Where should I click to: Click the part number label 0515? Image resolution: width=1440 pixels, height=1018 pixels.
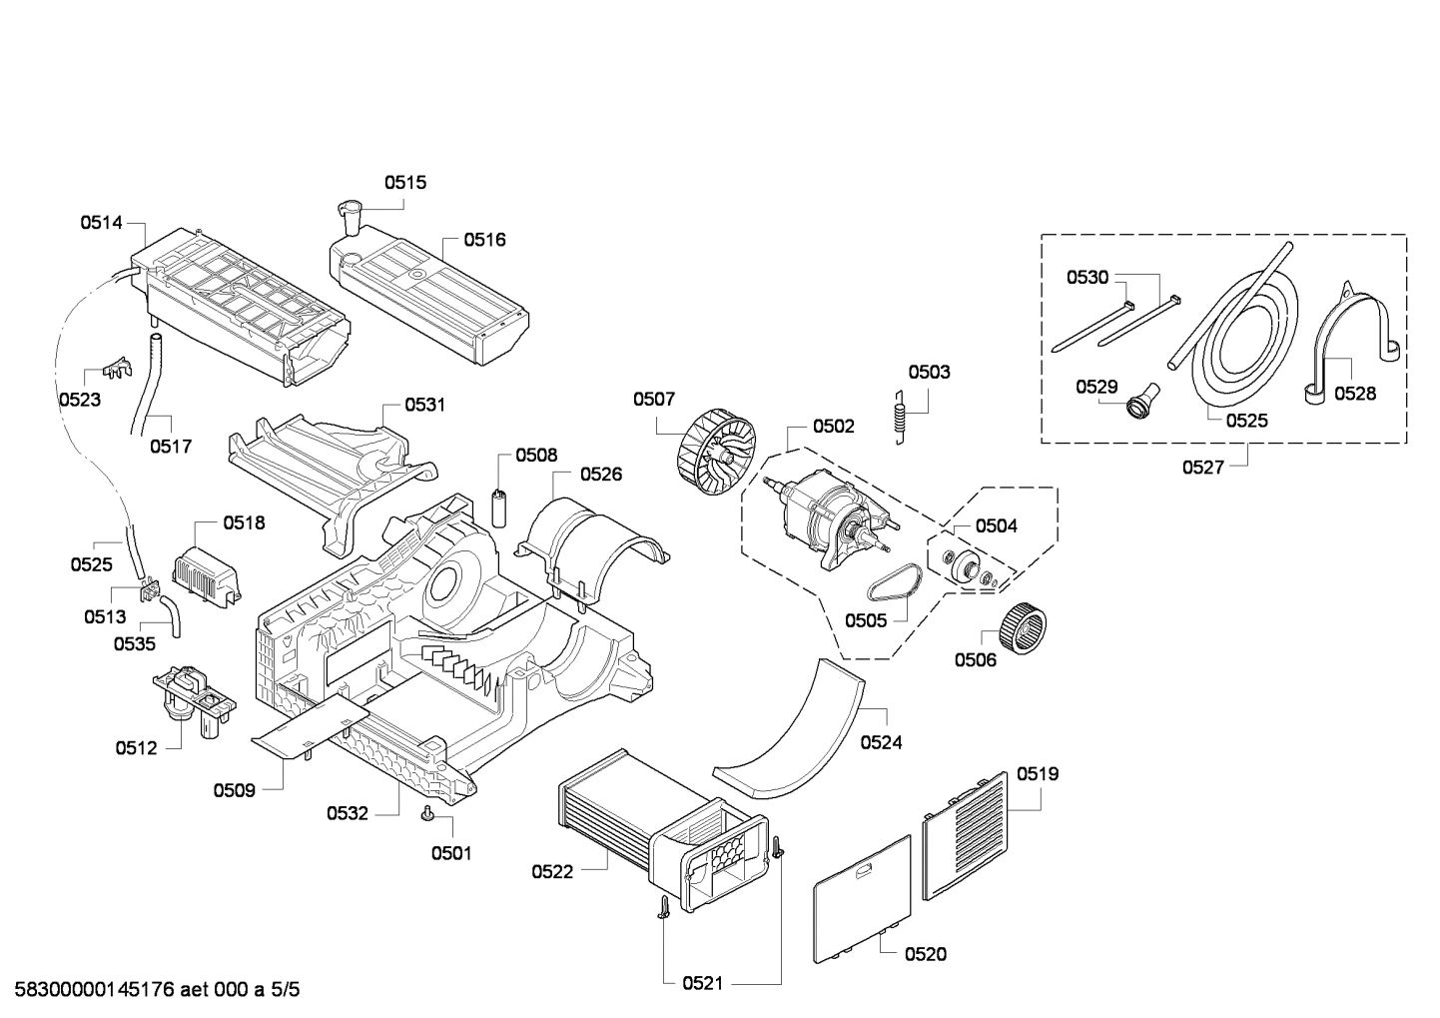405,183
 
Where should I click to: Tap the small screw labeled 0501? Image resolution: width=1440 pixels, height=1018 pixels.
426,814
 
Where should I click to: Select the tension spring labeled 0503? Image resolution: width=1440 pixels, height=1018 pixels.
901,418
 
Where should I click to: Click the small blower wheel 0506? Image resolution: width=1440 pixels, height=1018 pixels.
1024,628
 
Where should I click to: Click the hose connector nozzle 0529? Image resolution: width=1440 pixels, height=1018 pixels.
1142,399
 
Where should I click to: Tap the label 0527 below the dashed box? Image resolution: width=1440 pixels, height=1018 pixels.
1203,468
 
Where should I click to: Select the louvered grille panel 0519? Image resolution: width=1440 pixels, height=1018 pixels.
965,835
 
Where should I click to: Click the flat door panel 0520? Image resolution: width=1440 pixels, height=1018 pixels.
862,898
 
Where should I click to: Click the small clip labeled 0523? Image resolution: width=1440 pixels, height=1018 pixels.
118,370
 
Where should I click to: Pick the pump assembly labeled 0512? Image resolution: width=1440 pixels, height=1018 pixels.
194,701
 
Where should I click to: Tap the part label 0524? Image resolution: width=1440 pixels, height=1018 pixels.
882,742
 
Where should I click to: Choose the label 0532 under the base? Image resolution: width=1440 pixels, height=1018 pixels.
348,813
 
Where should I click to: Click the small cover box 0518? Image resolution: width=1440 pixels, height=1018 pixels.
207,573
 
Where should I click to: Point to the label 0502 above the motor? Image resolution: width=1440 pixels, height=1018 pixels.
834,427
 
